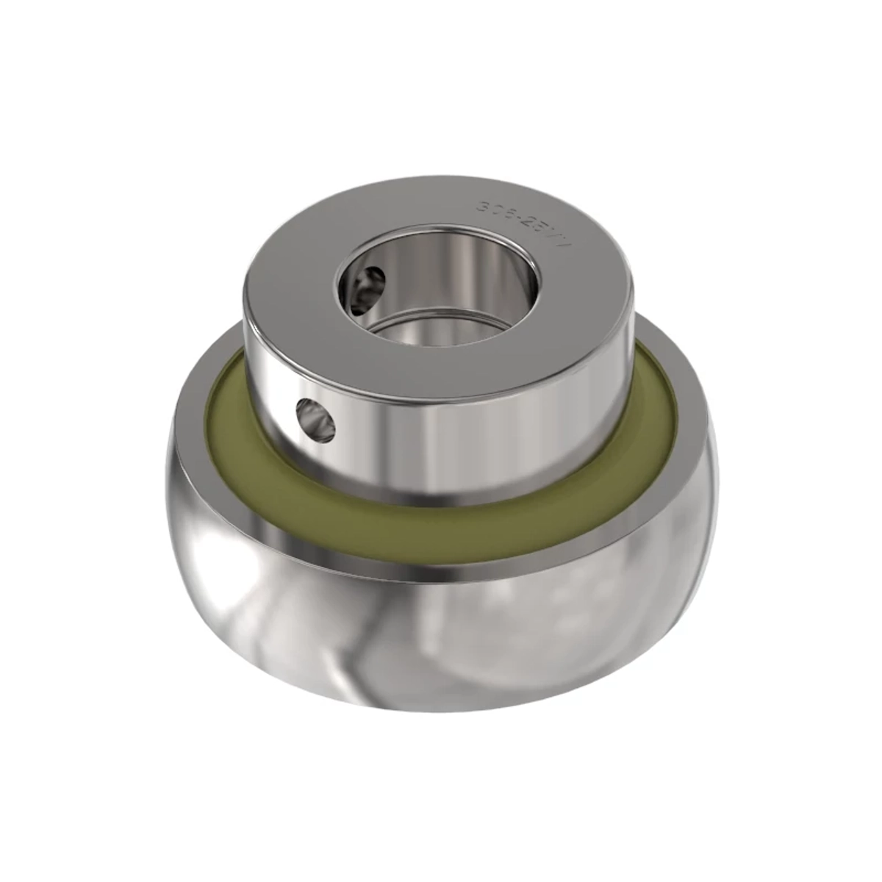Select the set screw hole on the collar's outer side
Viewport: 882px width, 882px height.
[x=315, y=420]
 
